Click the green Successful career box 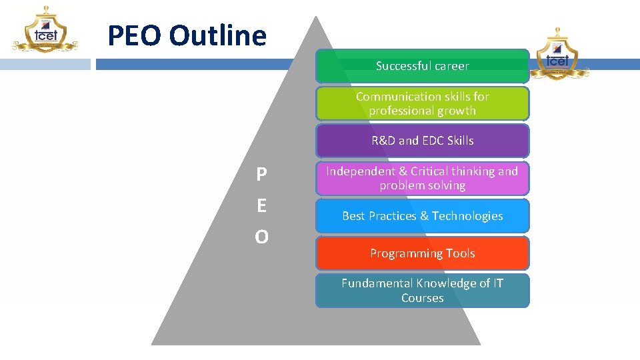coord(422,66)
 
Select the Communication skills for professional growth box coord(422,103)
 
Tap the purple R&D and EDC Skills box coord(422,141)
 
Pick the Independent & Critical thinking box coord(422,178)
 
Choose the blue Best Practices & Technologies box coord(422,216)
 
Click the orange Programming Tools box coord(422,253)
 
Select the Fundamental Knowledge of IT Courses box coord(422,291)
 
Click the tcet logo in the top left coord(45,30)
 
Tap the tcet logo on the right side coord(559,53)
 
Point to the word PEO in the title coord(135,35)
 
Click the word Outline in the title coord(217,35)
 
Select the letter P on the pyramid coord(262,175)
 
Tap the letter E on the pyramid coord(262,206)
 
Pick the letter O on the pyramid coord(262,237)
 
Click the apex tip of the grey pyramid coord(316,18)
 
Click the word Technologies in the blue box coord(467,216)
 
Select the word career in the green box coord(451,66)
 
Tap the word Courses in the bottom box coord(422,298)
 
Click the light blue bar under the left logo coord(45,65)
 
